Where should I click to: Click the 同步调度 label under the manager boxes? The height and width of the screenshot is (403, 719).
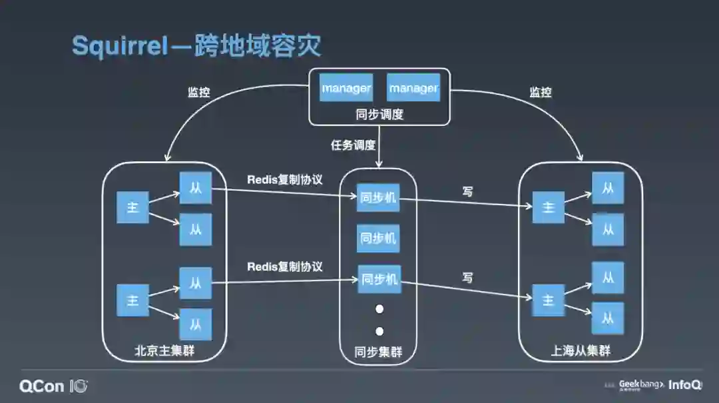tap(379, 114)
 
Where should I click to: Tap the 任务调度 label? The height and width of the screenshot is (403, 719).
tap(353, 145)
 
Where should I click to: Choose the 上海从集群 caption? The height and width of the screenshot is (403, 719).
tap(581, 351)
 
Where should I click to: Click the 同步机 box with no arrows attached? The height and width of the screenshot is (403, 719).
tap(378, 238)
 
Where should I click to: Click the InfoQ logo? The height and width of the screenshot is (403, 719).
tap(685, 385)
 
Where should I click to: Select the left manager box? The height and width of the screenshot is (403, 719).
tap(346, 87)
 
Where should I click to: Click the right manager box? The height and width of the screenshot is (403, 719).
tap(413, 87)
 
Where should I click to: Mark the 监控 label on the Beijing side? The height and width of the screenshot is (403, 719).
tap(198, 93)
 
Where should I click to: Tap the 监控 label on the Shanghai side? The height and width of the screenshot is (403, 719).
tap(540, 93)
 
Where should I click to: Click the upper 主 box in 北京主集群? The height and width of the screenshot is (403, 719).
tap(132, 207)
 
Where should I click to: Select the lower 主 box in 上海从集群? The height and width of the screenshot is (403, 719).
tap(548, 300)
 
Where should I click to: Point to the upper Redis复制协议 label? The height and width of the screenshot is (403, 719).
tap(285, 179)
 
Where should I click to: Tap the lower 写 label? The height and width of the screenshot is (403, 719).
tap(467, 277)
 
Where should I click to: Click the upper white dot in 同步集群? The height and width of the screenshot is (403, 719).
tap(379, 309)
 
